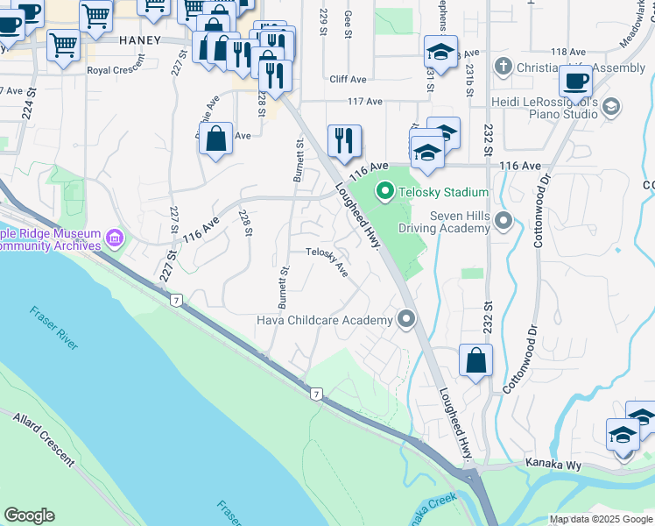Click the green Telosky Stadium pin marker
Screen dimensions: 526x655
click(x=384, y=190)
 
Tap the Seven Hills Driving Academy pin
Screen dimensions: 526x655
click(x=503, y=220)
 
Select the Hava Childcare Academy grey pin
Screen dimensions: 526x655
click(x=405, y=319)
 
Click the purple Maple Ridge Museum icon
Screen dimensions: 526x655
click(x=114, y=238)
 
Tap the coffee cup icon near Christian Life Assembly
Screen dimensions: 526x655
click(x=575, y=82)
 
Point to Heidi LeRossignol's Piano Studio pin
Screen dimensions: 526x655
click(x=611, y=107)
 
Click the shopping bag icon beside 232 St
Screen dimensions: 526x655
click(x=475, y=360)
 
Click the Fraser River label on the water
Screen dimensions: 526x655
click(x=54, y=327)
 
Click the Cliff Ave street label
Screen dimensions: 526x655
click(x=348, y=79)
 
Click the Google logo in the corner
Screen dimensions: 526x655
click(x=29, y=515)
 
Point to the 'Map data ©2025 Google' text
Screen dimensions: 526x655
click(x=600, y=519)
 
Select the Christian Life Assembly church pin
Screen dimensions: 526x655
click(x=503, y=67)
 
